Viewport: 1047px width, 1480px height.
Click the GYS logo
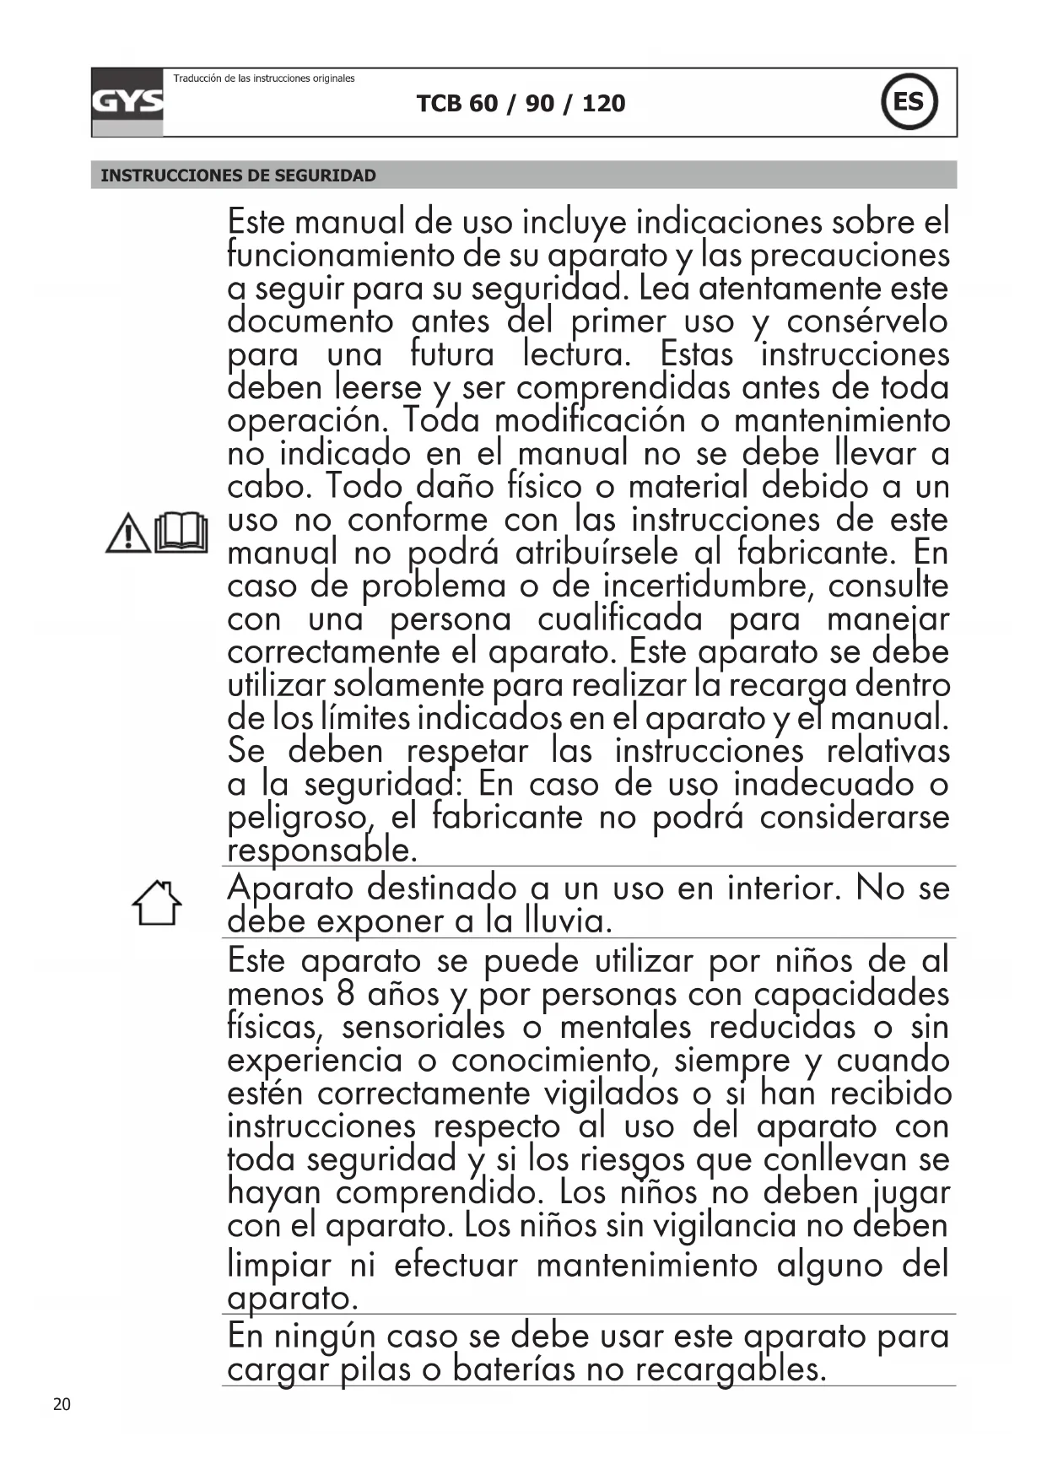[x=127, y=102]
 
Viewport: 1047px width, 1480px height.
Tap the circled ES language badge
[x=909, y=102]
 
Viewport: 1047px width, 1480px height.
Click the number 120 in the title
[x=604, y=104]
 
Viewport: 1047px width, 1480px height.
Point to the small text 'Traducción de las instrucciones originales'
[x=264, y=78]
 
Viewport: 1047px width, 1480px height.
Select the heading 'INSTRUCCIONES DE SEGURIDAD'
[x=239, y=176]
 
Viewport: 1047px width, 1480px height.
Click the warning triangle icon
[x=127, y=534]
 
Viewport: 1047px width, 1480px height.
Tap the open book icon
[x=181, y=532]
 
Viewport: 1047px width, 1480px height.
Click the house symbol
[x=157, y=904]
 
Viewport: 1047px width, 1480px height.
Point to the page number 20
[x=62, y=1404]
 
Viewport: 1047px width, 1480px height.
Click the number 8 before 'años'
[x=345, y=993]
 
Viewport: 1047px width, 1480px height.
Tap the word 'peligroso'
[x=298, y=817]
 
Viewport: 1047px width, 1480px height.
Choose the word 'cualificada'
[x=620, y=619]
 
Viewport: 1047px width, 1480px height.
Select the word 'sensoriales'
[x=423, y=1027]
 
